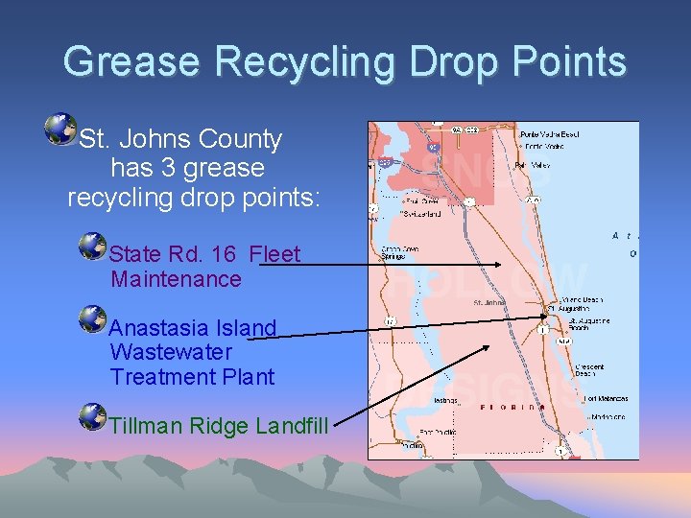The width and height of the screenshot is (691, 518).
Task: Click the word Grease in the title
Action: [133, 62]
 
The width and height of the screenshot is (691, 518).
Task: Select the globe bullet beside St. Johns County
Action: [61, 129]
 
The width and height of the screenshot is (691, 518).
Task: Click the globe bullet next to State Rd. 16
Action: [93, 246]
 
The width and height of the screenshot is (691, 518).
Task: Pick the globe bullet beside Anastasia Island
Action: [93, 318]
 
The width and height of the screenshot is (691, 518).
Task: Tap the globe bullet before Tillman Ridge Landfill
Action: [93, 416]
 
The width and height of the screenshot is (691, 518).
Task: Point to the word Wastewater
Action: [171, 352]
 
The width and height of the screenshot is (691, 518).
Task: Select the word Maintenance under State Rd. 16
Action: [176, 279]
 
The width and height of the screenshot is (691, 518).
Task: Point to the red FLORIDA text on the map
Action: [510, 407]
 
